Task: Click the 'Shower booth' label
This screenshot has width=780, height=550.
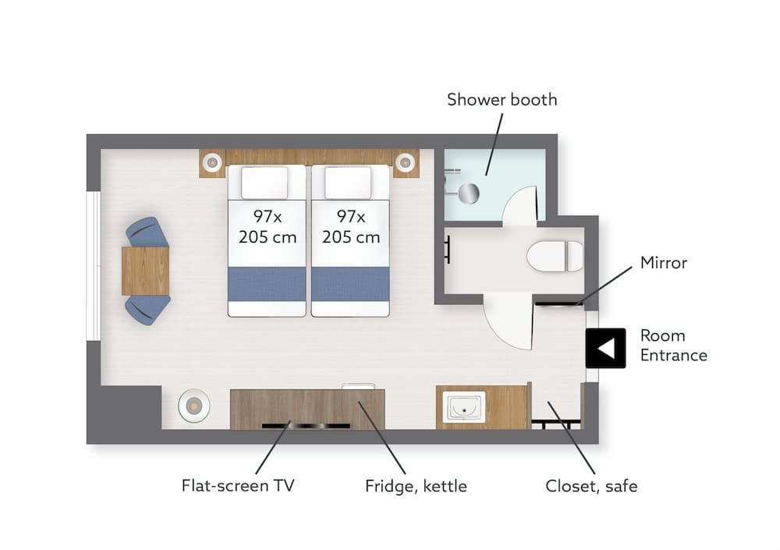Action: coord(502,100)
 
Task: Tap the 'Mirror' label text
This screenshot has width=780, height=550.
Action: coord(663,263)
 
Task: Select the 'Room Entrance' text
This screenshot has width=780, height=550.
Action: coord(673,346)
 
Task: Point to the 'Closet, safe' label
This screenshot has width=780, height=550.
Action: coord(590,486)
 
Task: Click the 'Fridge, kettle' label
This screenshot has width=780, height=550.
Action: coord(416,486)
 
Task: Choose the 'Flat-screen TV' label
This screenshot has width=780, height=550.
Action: coord(238,486)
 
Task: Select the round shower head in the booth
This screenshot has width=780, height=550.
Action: coord(468,193)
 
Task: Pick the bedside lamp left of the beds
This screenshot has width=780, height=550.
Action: coord(211,163)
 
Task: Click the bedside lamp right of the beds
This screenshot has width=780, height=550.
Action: coord(404,163)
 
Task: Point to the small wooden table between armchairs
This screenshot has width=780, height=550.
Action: coord(145,271)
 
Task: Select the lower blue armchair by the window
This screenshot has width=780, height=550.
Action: coord(148,309)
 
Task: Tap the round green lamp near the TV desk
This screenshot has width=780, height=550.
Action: coord(193,405)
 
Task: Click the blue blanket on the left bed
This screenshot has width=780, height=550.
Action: coord(267,284)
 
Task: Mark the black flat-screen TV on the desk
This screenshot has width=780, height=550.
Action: coord(306,425)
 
